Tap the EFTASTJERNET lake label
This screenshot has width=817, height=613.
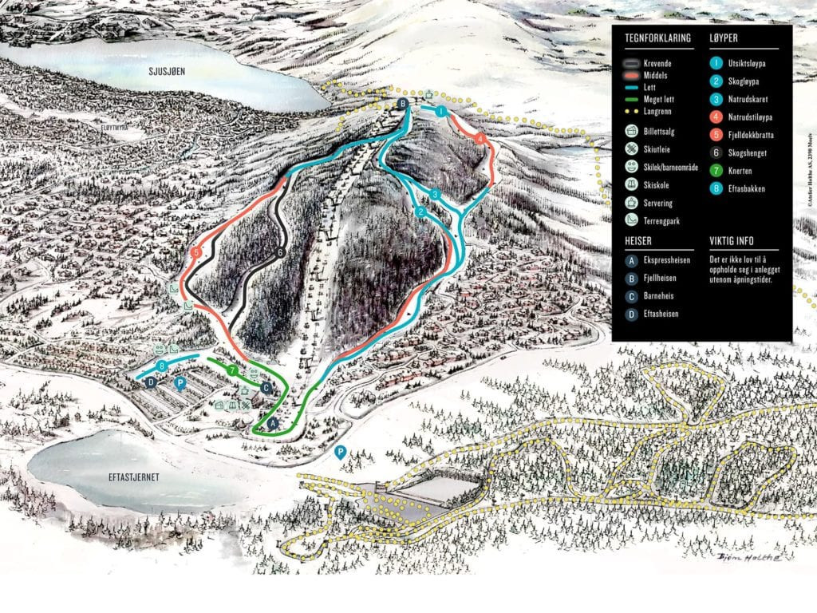tap(133, 477)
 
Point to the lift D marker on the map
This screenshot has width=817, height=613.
tap(150, 383)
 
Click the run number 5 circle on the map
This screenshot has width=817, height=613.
tap(196, 253)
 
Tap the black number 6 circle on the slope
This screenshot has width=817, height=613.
tap(280, 253)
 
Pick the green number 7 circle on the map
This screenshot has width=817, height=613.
tap(232, 370)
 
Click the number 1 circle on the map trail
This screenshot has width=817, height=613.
tap(440, 112)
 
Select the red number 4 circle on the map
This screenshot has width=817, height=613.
tap(480, 138)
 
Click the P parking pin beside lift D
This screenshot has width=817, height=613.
tap(181, 384)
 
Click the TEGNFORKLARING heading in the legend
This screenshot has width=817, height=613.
tap(657, 38)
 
